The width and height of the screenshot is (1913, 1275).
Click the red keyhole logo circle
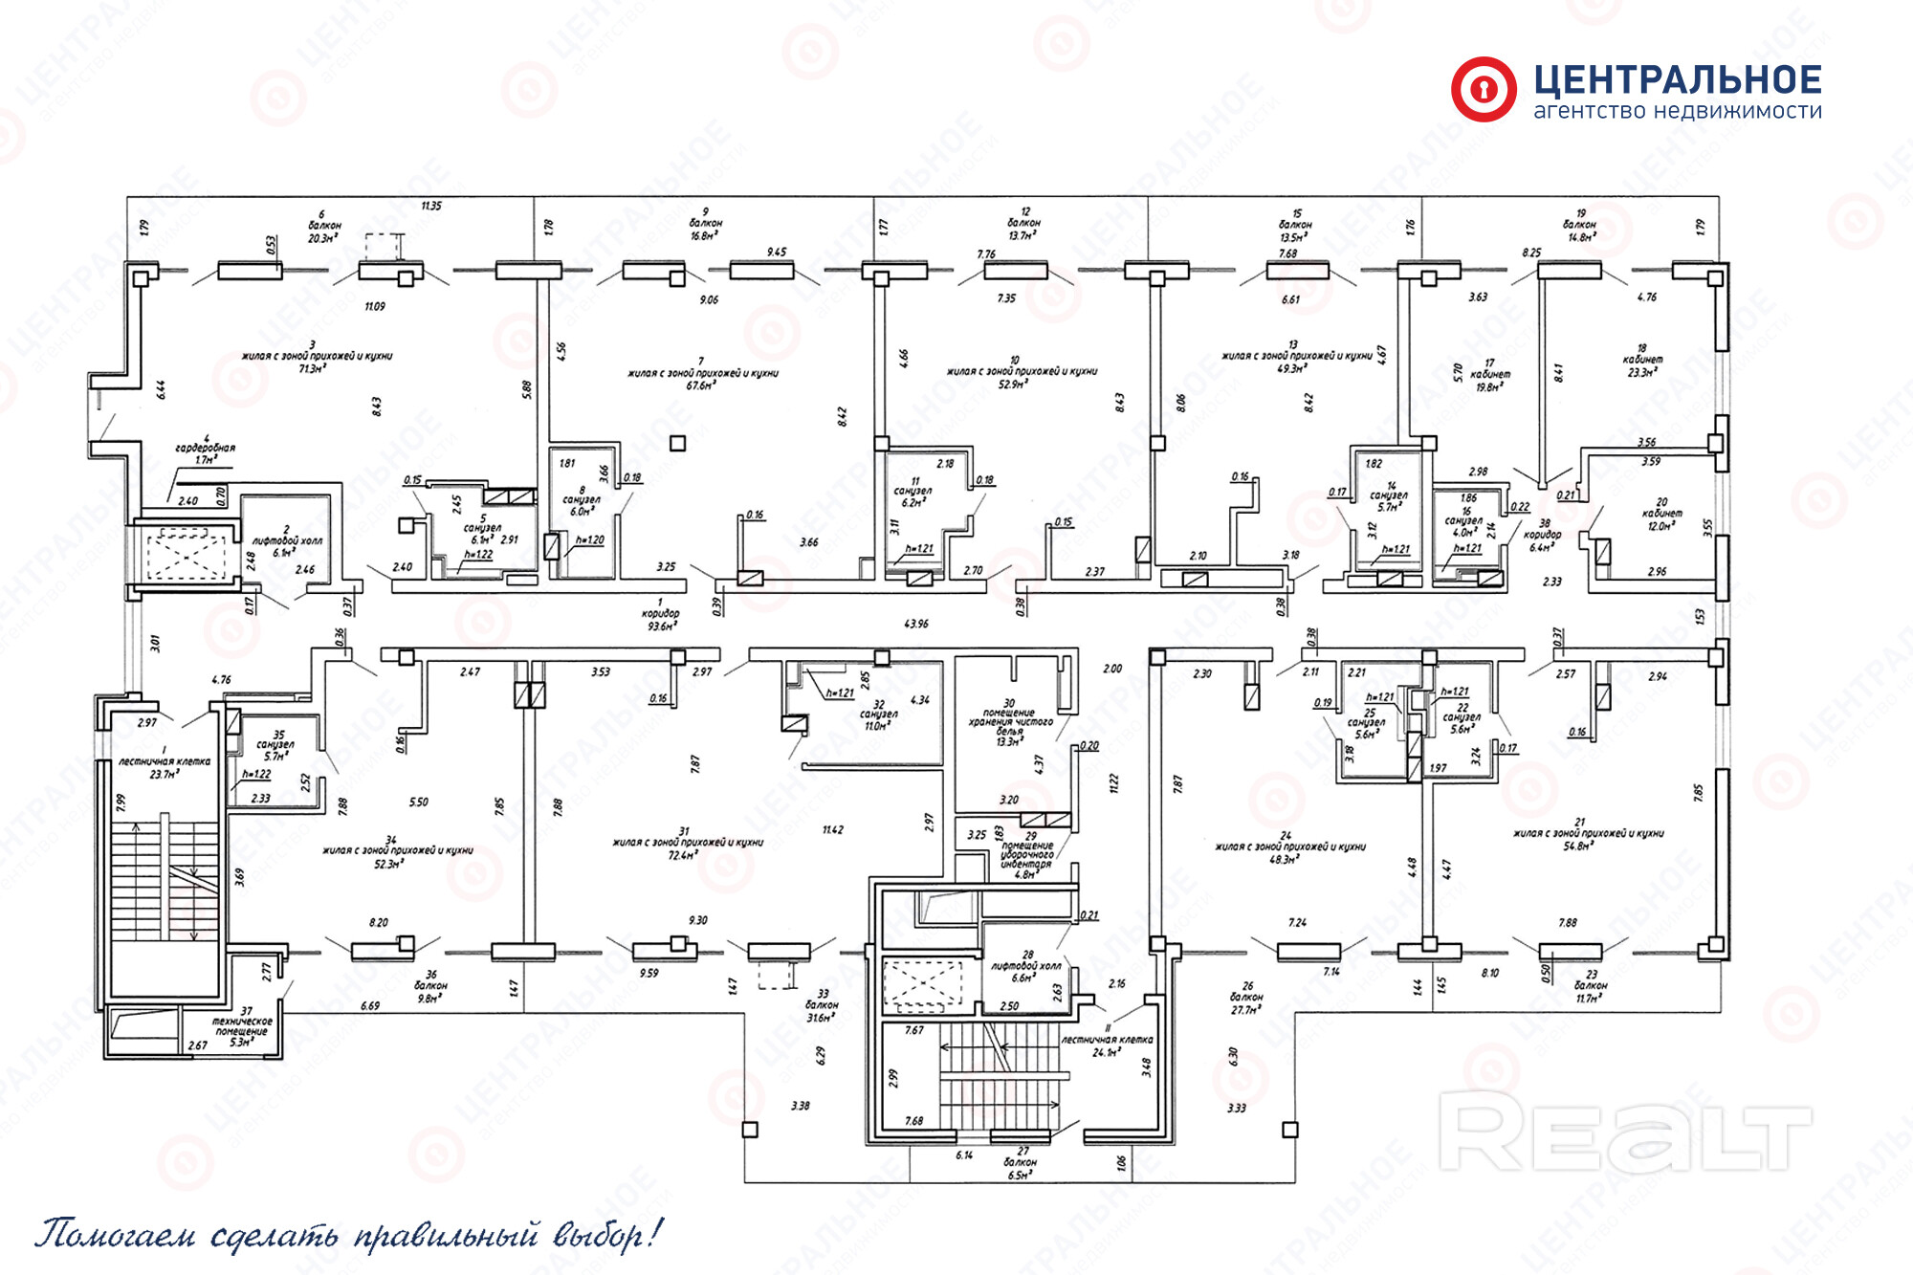[1484, 90]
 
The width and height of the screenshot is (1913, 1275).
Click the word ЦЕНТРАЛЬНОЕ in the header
[1678, 79]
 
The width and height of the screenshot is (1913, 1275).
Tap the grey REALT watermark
[1625, 1132]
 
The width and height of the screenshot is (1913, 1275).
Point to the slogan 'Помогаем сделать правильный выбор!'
[348, 1235]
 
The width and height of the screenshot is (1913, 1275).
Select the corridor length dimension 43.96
[915, 624]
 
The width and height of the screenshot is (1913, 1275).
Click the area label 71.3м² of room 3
[313, 368]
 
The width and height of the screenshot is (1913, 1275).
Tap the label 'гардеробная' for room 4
[205, 448]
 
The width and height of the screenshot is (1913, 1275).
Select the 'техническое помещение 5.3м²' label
[242, 1031]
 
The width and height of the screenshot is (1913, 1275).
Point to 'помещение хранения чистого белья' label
[1009, 722]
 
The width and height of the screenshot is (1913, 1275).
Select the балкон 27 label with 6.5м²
[1022, 1163]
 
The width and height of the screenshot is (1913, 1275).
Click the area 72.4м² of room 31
[683, 855]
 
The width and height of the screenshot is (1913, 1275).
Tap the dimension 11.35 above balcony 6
[431, 206]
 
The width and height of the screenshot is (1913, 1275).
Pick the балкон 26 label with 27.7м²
[1245, 998]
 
